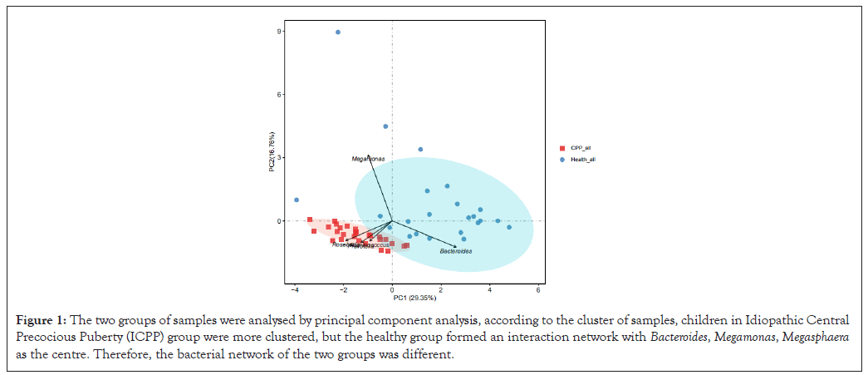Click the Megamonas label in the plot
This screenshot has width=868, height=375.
click(368, 158)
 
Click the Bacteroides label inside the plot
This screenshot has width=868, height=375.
click(456, 251)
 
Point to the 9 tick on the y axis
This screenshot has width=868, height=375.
click(281, 32)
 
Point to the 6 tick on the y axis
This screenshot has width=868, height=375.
click(281, 95)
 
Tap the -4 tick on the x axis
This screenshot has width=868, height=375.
click(295, 289)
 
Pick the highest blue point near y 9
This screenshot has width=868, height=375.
click(338, 32)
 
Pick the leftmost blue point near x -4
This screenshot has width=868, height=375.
click(297, 200)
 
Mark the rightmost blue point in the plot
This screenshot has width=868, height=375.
click(509, 227)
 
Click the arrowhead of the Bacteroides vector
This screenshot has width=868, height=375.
click(455, 245)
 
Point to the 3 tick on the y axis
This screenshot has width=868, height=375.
click(281, 158)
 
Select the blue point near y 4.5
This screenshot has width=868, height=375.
click(385, 126)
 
